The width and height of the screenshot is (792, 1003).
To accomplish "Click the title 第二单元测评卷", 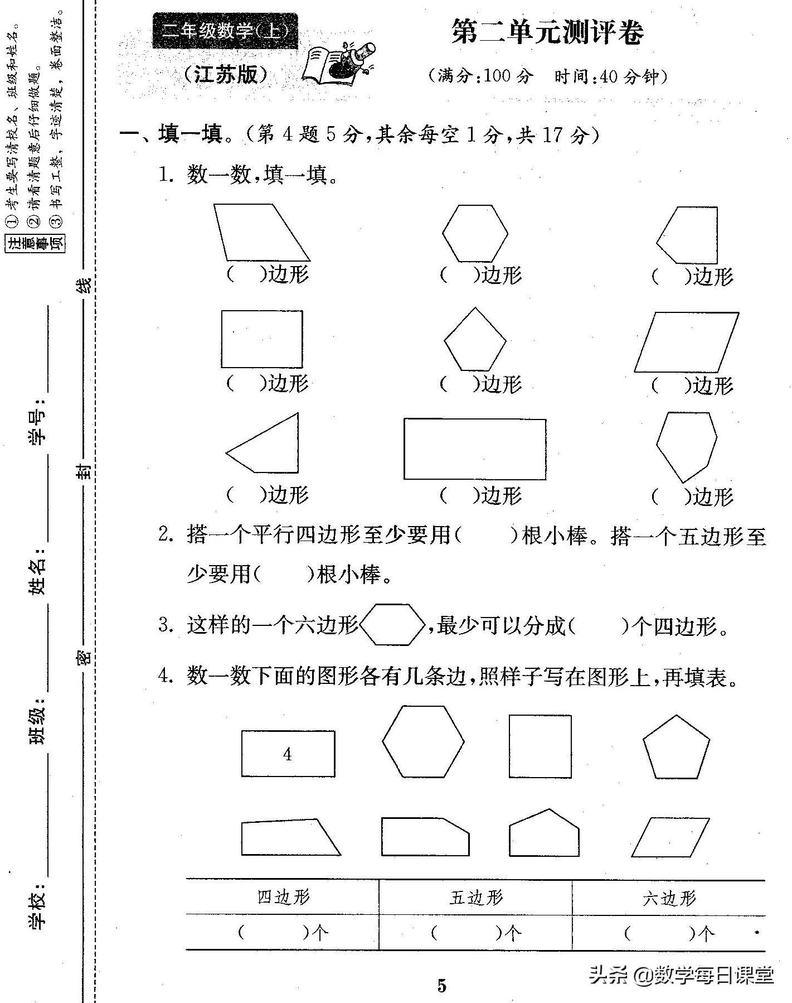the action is [547, 32].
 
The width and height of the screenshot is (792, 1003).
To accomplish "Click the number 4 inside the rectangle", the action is [287, 754].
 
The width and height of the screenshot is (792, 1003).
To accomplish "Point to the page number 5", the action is [442, 986].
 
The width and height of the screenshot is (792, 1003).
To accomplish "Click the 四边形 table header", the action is [283, 897].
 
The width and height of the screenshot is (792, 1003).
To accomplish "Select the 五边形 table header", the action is [476, 897].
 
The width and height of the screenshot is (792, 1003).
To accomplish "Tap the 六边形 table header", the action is [669, 898].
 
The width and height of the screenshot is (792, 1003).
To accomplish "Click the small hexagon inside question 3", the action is [393, 625].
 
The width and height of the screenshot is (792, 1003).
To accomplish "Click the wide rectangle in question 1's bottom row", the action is [475, 449].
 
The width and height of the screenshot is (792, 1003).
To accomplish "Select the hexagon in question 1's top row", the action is [475, 233].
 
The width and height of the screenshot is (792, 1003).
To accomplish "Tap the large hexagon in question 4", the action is [423, 741].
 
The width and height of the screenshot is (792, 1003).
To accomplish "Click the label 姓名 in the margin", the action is [38, 575].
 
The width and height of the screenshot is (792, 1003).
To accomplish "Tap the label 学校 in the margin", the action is [38, 906].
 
